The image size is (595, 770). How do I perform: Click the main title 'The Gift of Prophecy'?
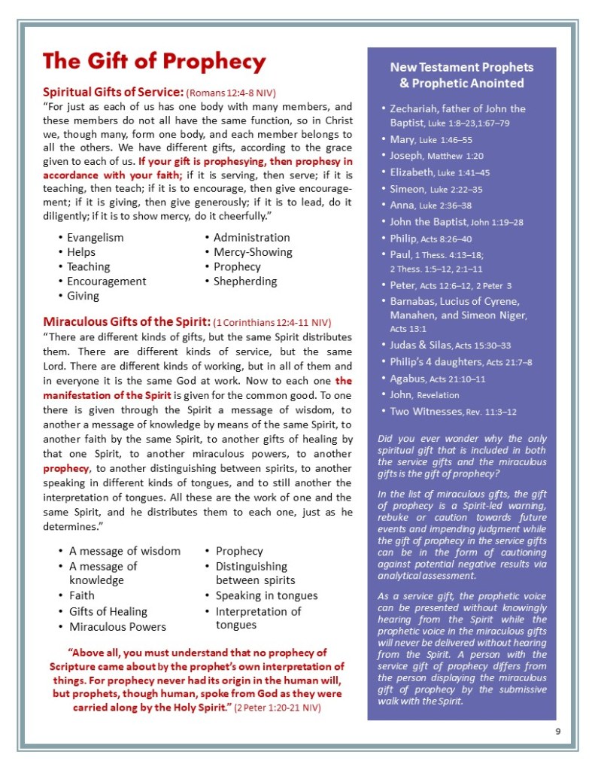point(154,62)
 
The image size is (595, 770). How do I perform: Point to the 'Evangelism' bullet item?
point(96,238)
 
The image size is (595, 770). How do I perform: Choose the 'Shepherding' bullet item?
point(245,282)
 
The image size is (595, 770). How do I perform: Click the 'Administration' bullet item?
point(251,238)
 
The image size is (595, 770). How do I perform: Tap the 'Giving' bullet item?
point(83,296)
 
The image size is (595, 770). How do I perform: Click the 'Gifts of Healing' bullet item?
point(108,611)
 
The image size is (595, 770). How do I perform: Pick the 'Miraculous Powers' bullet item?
point(117,626)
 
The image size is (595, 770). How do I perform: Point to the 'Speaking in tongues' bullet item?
point(266,595)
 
